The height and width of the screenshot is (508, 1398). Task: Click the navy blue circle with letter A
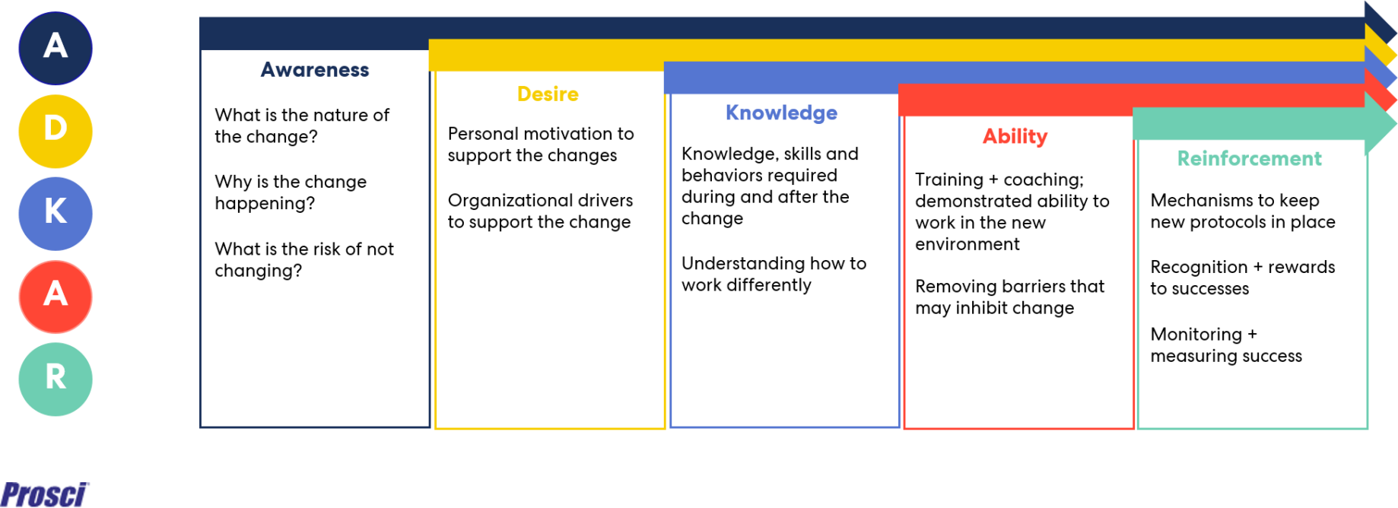click(56, 48)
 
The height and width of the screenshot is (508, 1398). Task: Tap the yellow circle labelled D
click(56, 131)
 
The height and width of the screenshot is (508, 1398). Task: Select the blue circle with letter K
click(56, 214)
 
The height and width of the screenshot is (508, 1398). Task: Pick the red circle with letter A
click(56, 297)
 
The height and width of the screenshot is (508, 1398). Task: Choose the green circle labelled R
click(56, 379)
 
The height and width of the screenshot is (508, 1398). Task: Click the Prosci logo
click(45, 494)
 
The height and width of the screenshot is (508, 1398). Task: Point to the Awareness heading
click(315, 70)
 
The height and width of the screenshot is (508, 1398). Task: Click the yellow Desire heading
click(548, 94)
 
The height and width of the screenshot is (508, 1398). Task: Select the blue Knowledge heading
click(781, 113)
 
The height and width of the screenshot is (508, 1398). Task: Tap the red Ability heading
click(1015, 137)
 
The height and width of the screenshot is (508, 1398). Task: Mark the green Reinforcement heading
click(1249, 158)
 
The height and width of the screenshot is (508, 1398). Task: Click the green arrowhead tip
click(1396, 123)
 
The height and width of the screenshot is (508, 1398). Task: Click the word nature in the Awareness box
click(335, 116)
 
